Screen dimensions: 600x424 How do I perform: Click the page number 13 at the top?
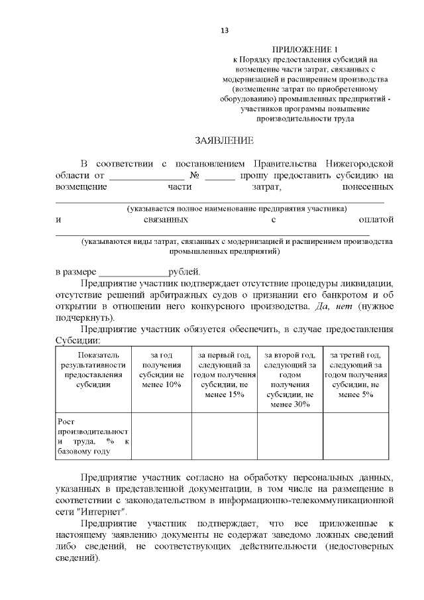tap(224, 30)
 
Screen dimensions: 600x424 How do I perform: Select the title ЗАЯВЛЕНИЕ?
tap(224, 141)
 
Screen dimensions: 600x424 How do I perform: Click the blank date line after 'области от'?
tap(146, 176)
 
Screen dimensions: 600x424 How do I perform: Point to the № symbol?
tap(195, 176)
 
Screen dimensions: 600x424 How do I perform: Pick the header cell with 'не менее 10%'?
tap(162, 369)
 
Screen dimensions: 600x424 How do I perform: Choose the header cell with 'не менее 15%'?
tap(224, 375)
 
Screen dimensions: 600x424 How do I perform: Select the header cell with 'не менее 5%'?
tap(355, 375)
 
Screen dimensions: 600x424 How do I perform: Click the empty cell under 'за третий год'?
tap(355, 436)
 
